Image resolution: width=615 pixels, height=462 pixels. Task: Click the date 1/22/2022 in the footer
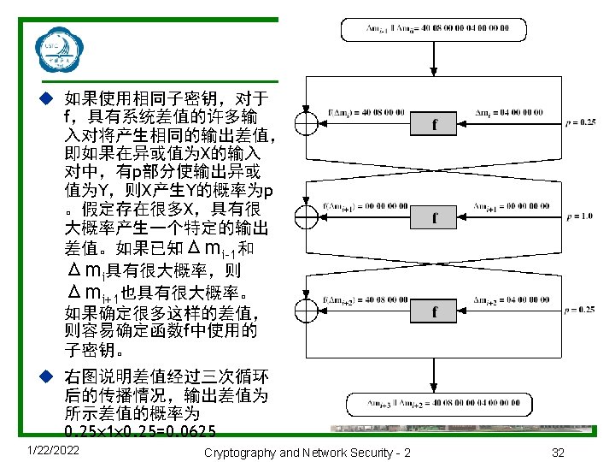pos(54,450)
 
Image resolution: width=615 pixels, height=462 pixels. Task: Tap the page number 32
pos(559,451)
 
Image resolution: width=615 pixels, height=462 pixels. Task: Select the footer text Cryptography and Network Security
pos(307,451)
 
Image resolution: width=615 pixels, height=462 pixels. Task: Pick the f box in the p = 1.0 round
pos(434,218)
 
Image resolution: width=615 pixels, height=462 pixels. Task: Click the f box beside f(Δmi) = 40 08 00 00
pos(434,125)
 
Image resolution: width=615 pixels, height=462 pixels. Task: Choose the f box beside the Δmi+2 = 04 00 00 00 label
pos(434,311)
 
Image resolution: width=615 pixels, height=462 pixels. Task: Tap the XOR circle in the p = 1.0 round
pos(304,217)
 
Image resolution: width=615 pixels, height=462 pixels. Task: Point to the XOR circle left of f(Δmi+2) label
pos(304,311)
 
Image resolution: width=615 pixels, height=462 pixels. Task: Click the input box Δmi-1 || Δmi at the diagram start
pos(437,29)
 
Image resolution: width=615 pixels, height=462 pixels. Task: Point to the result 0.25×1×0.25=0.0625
pos(140,430)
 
